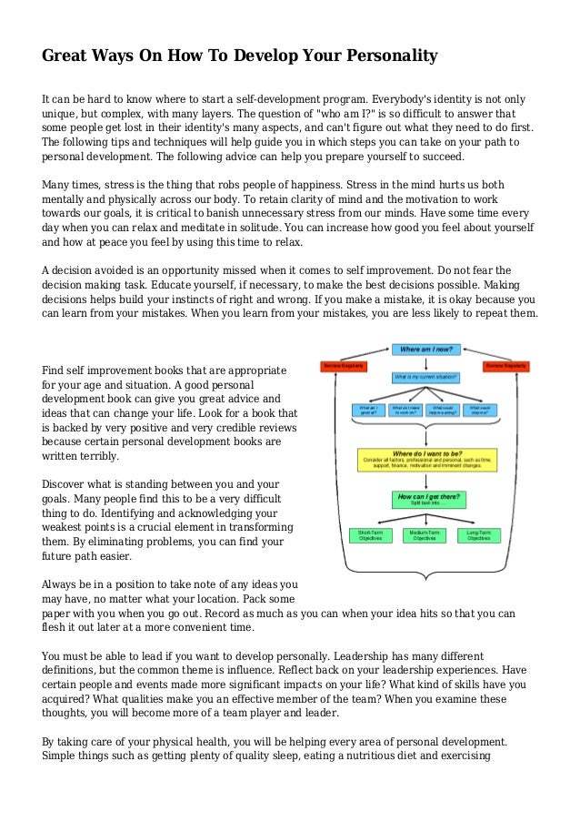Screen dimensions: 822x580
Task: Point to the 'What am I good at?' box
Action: pyautogui.click(x=369, y=410)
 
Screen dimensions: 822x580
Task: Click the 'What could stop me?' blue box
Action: pyautogui.click(x=481, y=410)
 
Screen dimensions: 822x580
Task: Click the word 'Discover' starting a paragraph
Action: pyautogui.click(x=70, y=485)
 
